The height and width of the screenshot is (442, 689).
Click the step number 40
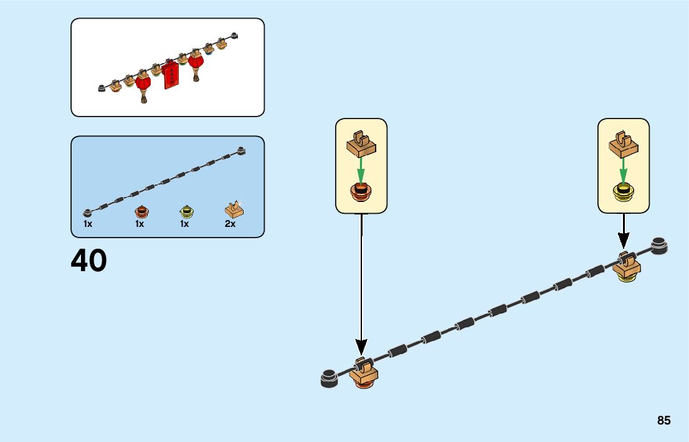click(x=89, y=261)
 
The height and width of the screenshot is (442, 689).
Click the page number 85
click(x=663, y=421)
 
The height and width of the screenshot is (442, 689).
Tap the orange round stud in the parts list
click(x=141, y=210)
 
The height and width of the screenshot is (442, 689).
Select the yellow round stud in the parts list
click(x=185, y=211)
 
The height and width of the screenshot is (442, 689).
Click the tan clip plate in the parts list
click(x=234, y=209)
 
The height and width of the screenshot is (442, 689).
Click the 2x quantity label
click(x=230, y=224)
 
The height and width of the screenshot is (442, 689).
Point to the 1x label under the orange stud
click(x=140, y=224)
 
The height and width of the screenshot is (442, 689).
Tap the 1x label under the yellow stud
click(x=184, y=224)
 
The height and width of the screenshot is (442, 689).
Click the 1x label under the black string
click(x=88, y=224)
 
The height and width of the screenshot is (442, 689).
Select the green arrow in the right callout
click(x=623, y=168)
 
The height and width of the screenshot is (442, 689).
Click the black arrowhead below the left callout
click(x=361, y=347)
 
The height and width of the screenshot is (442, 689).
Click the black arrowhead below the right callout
click(x=624, y=240)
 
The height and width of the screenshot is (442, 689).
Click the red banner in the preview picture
click(x=170, y=75)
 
